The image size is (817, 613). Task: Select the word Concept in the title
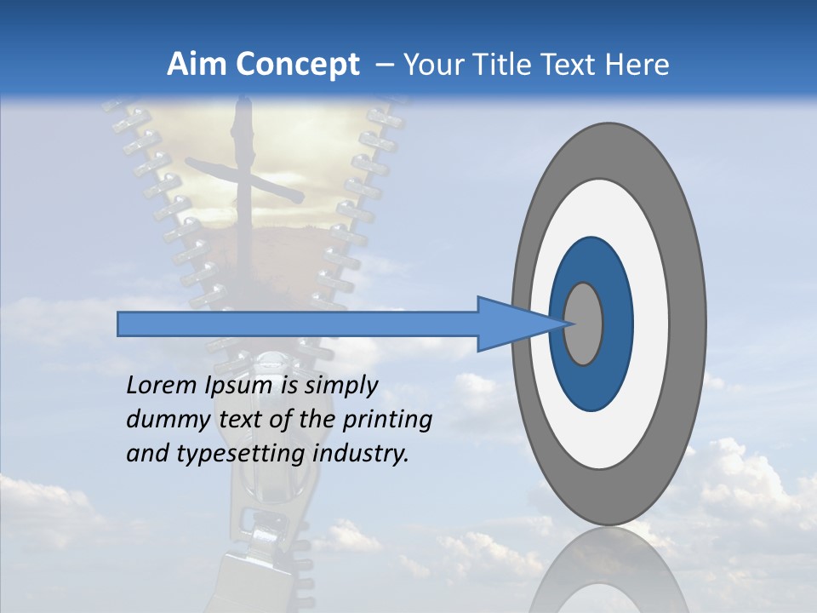[298, 65]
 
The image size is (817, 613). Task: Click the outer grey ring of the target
[608, 149]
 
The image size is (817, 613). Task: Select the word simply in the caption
[340, 386]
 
